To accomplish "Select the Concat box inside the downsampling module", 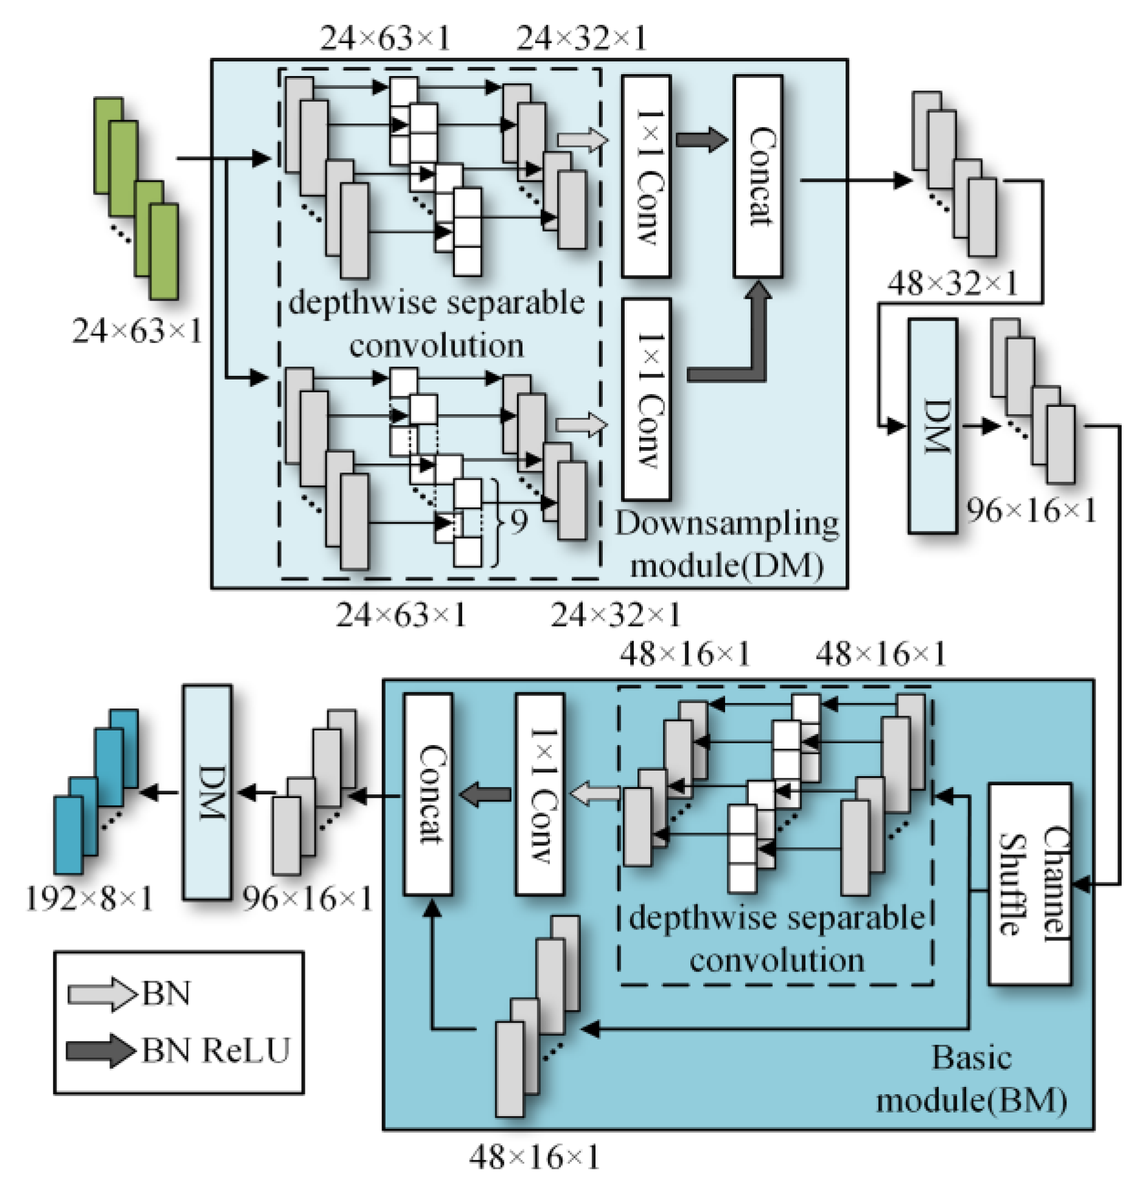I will [x=757, y=176].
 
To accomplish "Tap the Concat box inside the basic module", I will [x=428, y=794].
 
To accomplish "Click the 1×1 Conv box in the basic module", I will [x=540, y=794].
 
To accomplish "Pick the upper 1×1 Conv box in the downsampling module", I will [x=646, y=176].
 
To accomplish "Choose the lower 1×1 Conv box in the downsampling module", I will [x=646, y=400].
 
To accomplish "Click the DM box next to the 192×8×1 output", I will [x=207, y=792].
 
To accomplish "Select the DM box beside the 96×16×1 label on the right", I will [x=932, y=426].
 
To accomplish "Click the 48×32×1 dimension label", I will [x=952, y=283].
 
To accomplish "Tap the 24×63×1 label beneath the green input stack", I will [x=137, y=331].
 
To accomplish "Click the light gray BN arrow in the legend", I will [x=101, y=994].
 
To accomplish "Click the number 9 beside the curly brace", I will [x=518, y=522].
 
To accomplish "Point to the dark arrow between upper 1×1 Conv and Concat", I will [x=702, y=140].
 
